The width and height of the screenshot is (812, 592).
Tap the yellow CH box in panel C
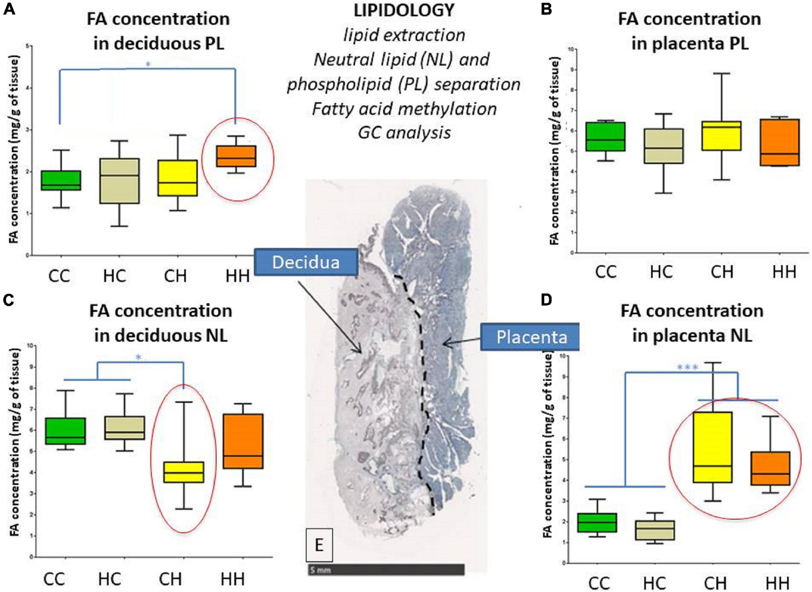[x=183, y=472]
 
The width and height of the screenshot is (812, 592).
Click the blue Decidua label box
[x=305, y=262]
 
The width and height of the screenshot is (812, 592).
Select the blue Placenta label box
[x=531, y=337]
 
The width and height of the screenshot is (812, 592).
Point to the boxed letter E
[x=319, y=544]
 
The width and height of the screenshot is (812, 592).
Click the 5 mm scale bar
[x=386, y=569]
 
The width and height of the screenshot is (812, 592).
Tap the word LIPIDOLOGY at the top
[x=404, y=11]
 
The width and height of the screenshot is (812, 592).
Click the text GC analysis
[x=404, y=132]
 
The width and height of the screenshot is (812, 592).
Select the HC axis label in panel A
[x=114, y=276]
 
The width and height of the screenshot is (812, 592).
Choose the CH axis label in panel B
[x=721, y=271]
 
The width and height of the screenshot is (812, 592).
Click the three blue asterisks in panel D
[x=687, y=368]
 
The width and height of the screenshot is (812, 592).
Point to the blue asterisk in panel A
[x=148, y=64]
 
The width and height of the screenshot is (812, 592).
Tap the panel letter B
[x=547, y=9]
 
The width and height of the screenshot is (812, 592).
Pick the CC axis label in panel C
[x=54, y=579]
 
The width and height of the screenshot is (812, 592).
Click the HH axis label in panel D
[x=777, y=583]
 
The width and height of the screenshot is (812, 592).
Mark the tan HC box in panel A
[x=120, y=180]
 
